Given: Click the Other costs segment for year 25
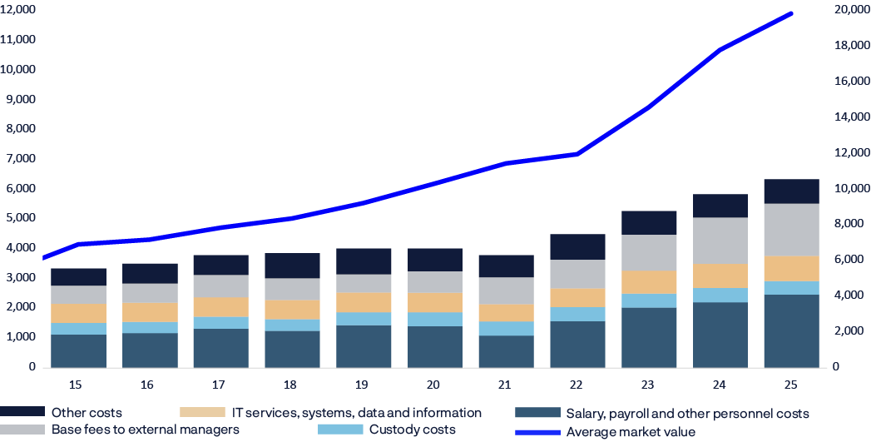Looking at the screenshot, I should [x=791, y=191].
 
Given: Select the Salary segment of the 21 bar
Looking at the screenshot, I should [x=506, y=350].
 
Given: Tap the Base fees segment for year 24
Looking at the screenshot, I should [x=720, y=241].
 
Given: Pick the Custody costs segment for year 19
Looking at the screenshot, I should [x=364, y=319].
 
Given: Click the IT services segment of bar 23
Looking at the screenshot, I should [x=649, y=282].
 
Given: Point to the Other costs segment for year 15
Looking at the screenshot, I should [x=78, y=276].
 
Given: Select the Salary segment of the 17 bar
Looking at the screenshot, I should [x=220, y=347].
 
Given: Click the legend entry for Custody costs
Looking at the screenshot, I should [x=412, y=430].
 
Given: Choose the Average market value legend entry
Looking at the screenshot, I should [x=630, y=432].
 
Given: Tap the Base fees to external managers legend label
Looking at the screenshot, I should [x=145, y=430].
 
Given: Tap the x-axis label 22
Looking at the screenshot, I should [x=577, y=385].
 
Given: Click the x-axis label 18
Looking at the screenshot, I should [x=292, y=385].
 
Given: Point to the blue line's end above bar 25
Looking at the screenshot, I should [x=792, y=13].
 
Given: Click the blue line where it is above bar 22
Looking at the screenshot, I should [x=577, y=154].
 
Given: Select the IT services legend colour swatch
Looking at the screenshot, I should [x=202, y=413].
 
